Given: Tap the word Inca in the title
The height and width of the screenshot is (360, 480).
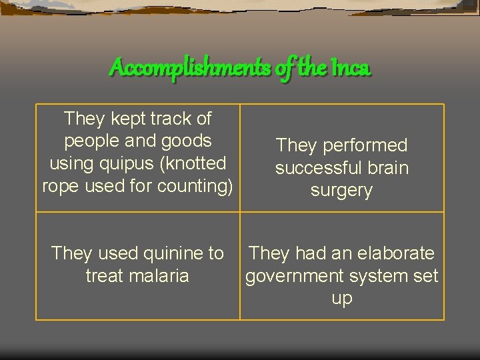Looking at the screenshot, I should tap(349, 67).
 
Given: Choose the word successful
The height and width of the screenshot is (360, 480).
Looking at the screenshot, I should tap(315, 168).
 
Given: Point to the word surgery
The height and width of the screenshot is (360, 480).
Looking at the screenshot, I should tap(341, 191).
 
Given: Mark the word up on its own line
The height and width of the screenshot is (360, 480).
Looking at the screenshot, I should tap(341, 299).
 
